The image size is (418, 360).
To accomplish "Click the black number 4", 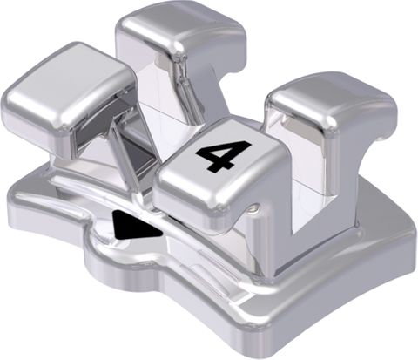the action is click(x=224, y=155).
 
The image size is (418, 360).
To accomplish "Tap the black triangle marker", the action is click(x=133, y=225).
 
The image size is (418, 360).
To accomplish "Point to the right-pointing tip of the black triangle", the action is click(x=162, y=233).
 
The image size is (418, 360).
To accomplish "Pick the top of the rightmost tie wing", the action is click(x=331, y=98).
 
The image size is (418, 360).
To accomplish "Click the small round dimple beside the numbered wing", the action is click(x=255, y=207).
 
